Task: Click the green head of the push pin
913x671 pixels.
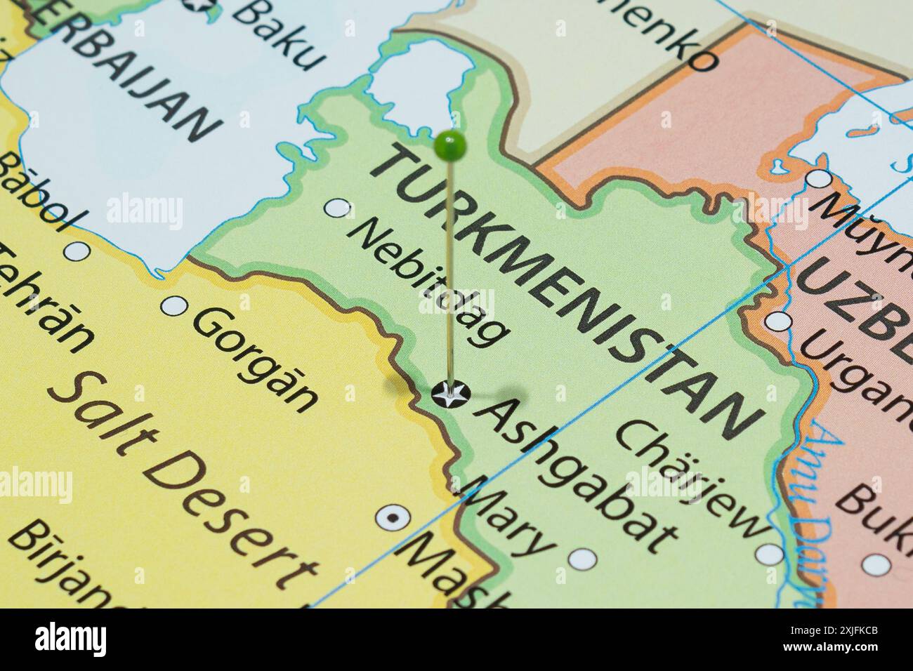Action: [x=450, y=145]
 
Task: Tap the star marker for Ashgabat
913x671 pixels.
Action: [x=449, y=394]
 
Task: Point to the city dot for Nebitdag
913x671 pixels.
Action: [x=339, y=208]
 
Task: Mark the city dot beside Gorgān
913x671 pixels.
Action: [x=174, y=306]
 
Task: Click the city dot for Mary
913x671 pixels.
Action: [x=582, y=559]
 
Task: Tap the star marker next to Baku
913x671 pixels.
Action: [x=200, y=6]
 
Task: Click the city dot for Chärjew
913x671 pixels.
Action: [x=770, y=554]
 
